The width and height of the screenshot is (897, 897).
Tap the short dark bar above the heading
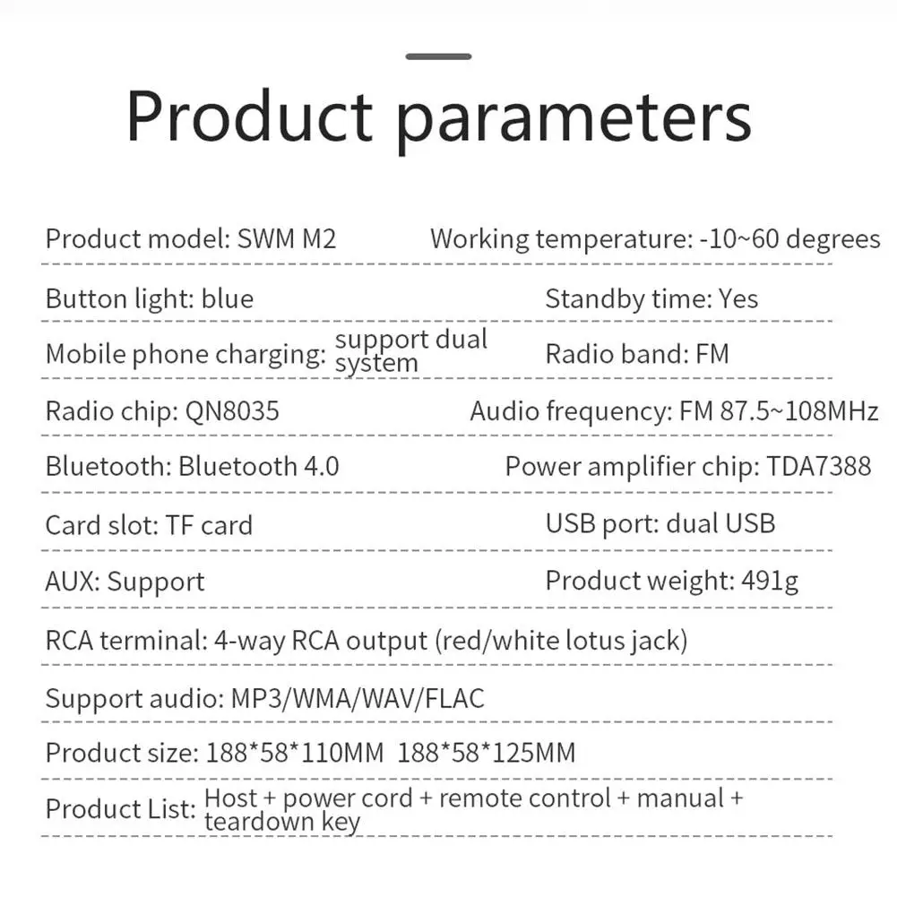click(x=438, y=56)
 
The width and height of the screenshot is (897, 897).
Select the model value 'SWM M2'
click(x=287, y=239)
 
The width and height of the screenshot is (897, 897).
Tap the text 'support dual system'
click(x=410, y=350)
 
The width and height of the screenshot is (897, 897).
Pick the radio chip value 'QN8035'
click(x=232, y=411)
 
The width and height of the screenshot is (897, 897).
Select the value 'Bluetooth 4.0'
click(x=258, y=467)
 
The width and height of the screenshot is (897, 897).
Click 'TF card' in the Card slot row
click(x=209, y=525)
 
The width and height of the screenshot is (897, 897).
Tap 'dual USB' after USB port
click(x=720, y=523)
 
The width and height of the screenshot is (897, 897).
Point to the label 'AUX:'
click(x=73, y=582)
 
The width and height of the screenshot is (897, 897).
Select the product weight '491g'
click(x=770, y=582)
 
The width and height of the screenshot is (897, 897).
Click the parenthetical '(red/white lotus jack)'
click(x=562, y=641)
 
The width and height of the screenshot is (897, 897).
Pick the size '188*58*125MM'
click(x=486, y=753)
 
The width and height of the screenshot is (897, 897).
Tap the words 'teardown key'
click(x=282, y=822)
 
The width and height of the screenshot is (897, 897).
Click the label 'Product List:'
click(x=120, y=809)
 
